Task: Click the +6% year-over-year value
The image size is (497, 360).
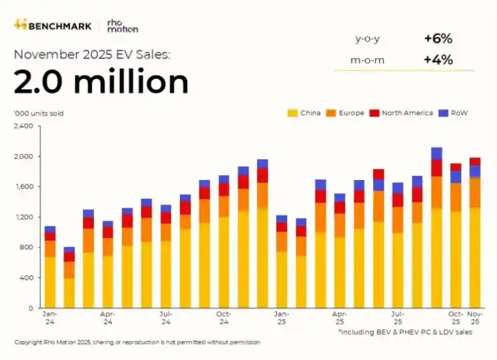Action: click(438, 38)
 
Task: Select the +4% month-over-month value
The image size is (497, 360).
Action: click(438, 60)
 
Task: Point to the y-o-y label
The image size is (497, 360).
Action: click(367, 38)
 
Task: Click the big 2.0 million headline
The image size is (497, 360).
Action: click(101, 83)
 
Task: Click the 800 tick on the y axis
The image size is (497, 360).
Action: click(26, 247)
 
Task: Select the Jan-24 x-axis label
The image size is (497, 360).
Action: click(50, 318)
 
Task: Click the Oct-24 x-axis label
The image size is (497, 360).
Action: click(224, 318)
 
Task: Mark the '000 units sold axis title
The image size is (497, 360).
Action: click(38, 113)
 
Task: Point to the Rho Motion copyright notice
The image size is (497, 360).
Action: click(138, 342)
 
